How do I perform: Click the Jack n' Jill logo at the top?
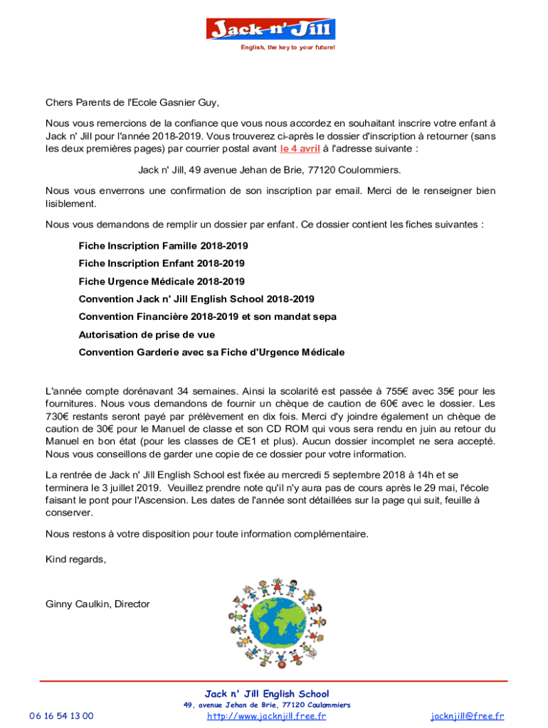270,29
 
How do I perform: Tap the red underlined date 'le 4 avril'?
300,149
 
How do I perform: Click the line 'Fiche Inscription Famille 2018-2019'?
163,246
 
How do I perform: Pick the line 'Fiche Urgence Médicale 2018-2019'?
162,282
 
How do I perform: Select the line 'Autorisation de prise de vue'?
147,334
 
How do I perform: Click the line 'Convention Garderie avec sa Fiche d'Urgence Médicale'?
211,352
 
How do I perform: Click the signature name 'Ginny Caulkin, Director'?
98,604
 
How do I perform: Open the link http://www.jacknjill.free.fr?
266,716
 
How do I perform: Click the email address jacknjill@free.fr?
467,716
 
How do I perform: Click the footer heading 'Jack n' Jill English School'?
267,694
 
